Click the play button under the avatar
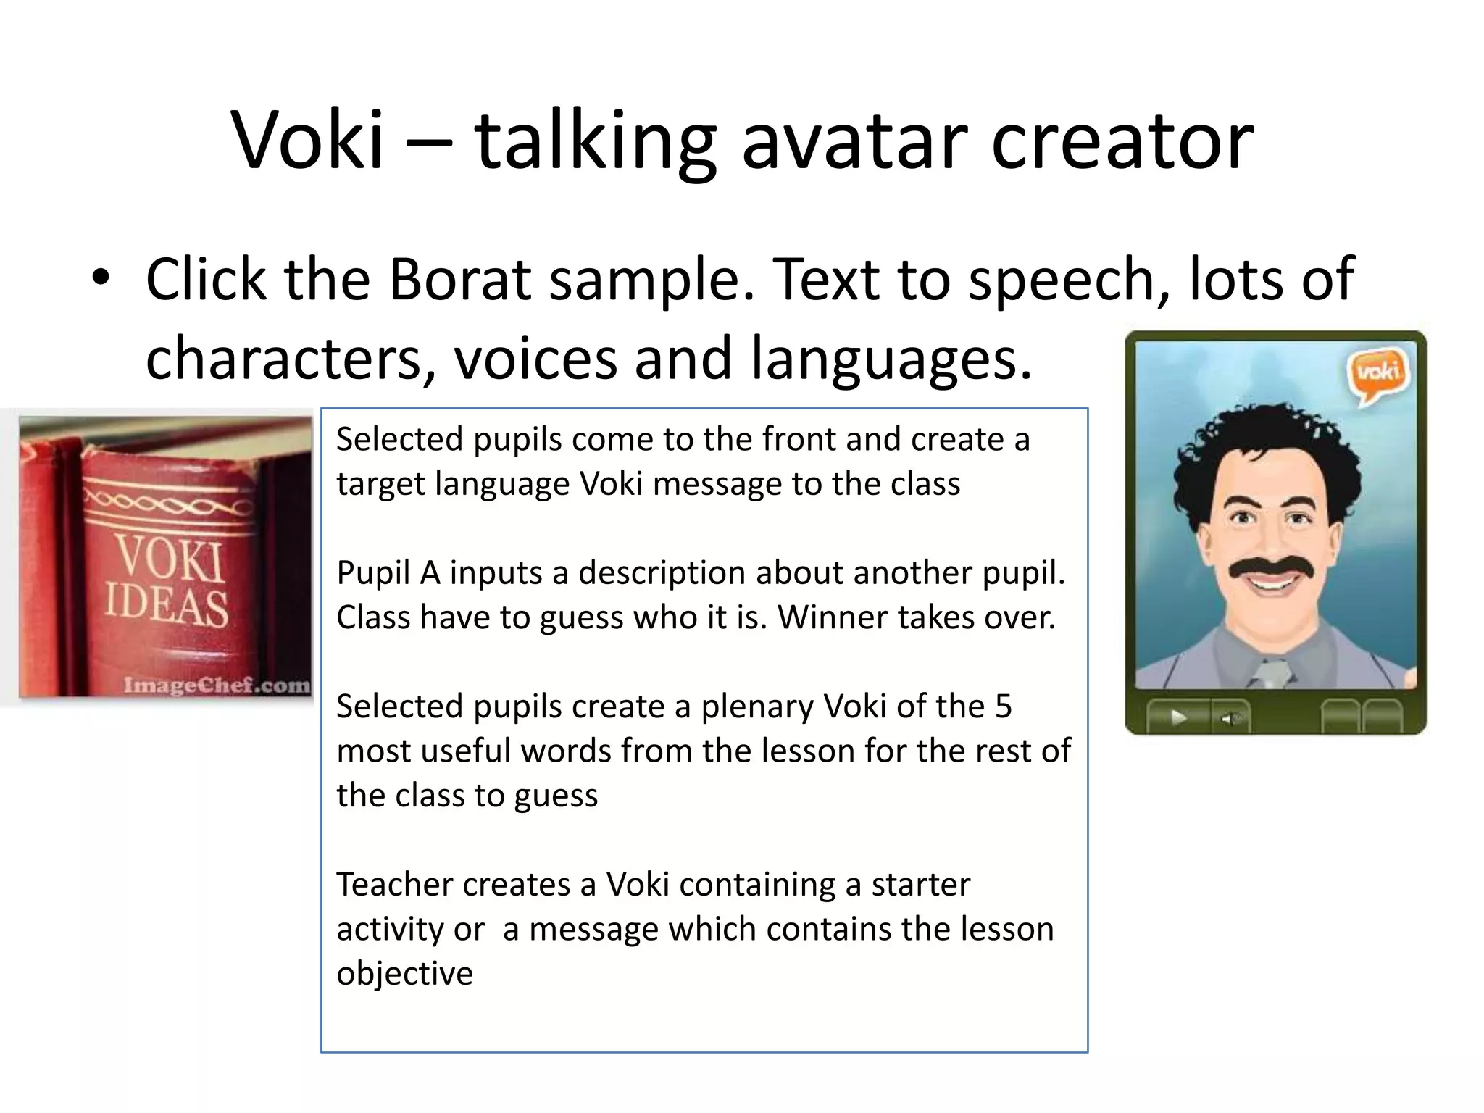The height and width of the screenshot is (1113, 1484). tap(1178, 717)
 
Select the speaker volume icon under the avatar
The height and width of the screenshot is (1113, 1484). tap(1229, 718)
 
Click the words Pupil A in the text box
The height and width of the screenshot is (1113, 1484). tap(388, 573)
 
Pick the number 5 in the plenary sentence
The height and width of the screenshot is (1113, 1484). tap(1002, 706)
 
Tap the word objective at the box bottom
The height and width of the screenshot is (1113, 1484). tap(404, 973)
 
